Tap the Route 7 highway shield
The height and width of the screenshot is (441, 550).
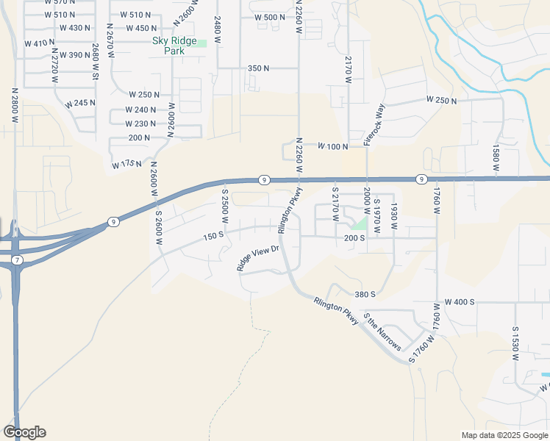(x=17, y=261)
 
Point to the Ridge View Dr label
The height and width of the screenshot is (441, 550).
(x=259, y=258)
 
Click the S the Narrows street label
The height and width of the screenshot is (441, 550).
(x=384, y=333)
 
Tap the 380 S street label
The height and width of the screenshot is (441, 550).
(x=365, y=294)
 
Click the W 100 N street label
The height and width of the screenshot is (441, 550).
(x=332, y=147)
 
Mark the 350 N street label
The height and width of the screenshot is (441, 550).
(x=258, y=68)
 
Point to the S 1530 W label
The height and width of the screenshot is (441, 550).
(x=515, y=343)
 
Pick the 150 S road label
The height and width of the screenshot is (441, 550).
(x=213, y=234)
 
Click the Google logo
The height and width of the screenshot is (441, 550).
(x=24, y=432)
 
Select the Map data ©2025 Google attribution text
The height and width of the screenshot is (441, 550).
(x=504, y=435)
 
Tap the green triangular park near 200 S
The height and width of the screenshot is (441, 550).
(x=359, y=224)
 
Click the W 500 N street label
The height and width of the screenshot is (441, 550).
(x=270, y=17)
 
